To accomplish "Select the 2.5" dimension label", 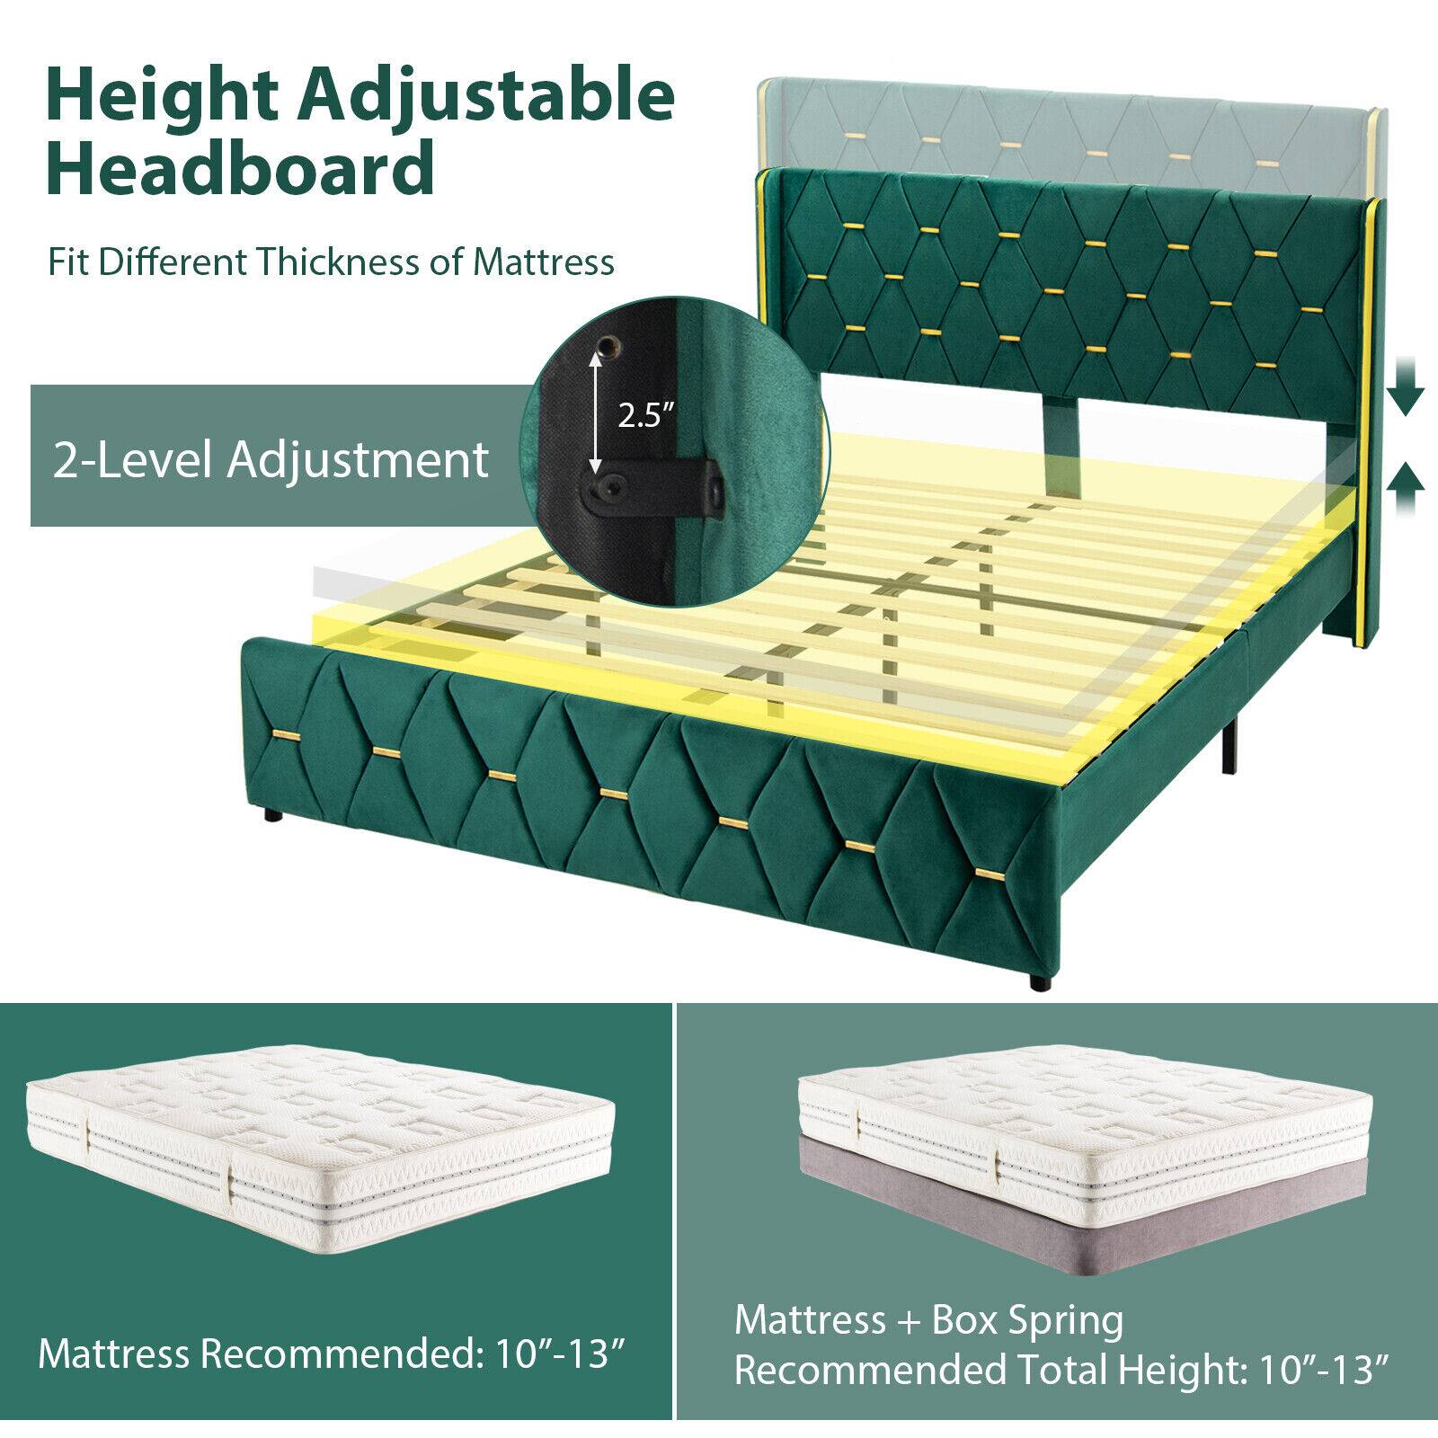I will click(x=645, y=415).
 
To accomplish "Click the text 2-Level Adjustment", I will click(x=271, y=458).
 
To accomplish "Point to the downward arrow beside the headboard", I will click(x=1405, y=395).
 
